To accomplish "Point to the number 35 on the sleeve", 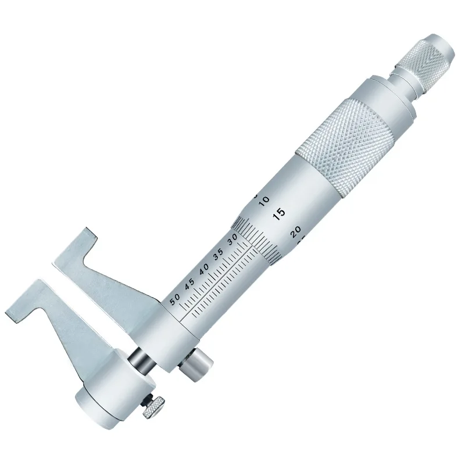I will pos(219,255).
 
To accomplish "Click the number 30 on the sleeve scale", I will pos(233,239).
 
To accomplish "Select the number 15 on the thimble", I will pos(279,214).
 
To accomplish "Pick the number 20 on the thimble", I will pos(296,231).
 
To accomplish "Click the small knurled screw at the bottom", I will pos(153,407).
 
